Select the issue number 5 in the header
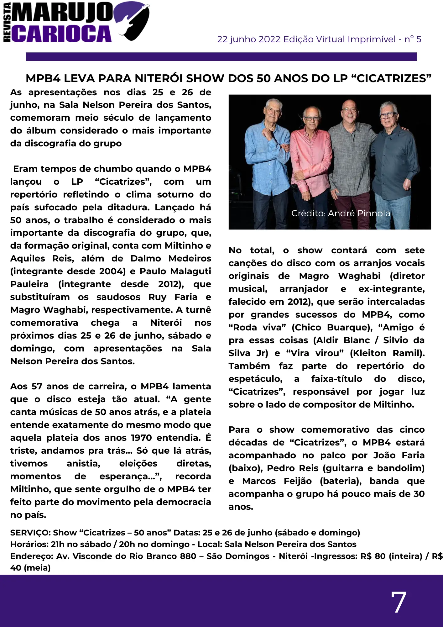point(419,40)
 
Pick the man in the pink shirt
point(310,150)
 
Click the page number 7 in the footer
point(399,602)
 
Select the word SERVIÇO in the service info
point(30,533)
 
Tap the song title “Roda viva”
point(258,328)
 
